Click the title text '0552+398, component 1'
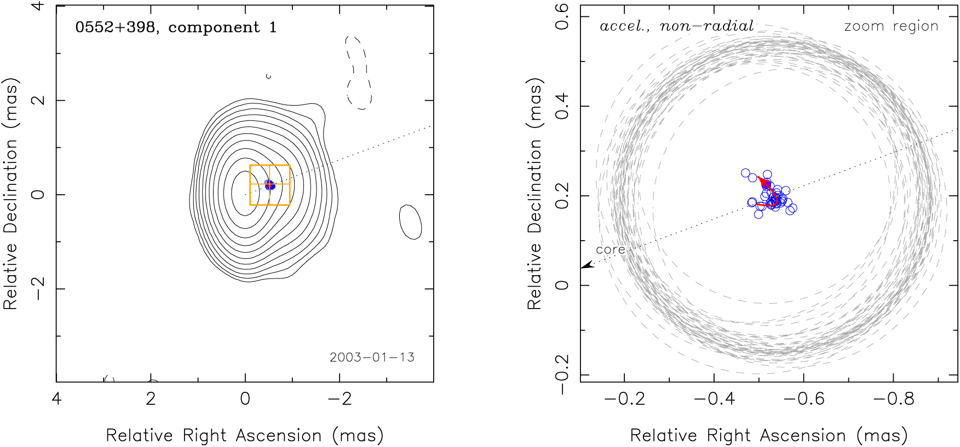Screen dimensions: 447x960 (x=176, y=27)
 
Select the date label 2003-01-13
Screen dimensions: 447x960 (x=372, y=357)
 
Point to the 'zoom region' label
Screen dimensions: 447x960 (x=891, y=26)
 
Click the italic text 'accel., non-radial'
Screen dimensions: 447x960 (x=676, y=26)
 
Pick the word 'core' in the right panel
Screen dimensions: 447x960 (x=610, y=249)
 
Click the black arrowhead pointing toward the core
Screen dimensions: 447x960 (x=586, y=265)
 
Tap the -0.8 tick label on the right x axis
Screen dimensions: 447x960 (x=893, y=398)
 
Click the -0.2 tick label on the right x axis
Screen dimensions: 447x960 (x=624, y=398)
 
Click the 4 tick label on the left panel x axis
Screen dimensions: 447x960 (x=56, y=398)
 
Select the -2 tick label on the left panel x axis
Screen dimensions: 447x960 (x=340, y=398)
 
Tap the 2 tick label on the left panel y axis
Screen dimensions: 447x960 (x=38, y=101)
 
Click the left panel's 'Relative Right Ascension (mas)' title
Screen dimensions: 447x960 (x=245, y=436)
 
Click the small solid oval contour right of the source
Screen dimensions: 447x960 (x=411, y=222)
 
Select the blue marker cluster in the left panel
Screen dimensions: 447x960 (x=269, y=185)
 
